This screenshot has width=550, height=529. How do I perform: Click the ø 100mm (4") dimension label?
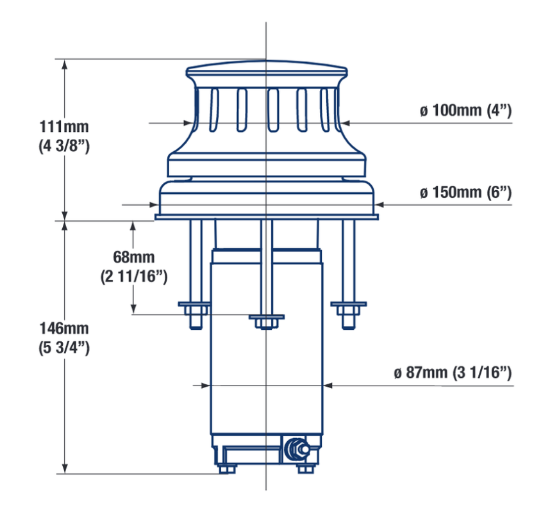[x=465, y=110]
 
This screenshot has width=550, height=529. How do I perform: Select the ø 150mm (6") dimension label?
[x=465, y=192]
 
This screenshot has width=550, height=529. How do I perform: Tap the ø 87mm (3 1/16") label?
[x=453, y=372]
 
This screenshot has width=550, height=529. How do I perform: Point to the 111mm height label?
[x=63, y=126]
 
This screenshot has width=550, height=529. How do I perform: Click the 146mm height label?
[x=63, y=329]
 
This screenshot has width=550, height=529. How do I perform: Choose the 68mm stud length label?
[x=133, y=257]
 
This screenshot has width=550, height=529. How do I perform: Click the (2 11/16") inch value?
[x=133, y=277]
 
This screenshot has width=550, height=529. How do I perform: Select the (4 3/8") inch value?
[x=63, y=145]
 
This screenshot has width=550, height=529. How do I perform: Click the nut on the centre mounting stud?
[x=266, y=322]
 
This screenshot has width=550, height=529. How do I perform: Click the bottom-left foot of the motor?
[x=223, y=469]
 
